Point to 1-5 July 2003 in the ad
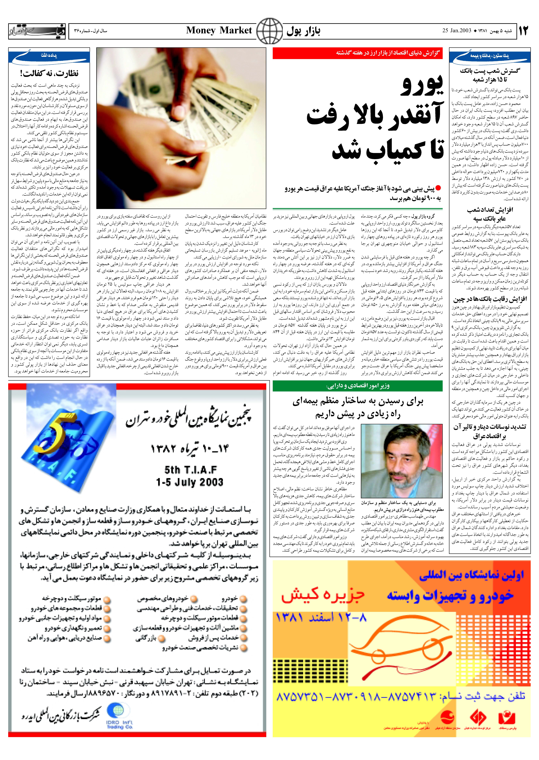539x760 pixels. click(x=190, y=482)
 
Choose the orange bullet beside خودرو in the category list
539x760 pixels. click(x=244, y=599)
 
